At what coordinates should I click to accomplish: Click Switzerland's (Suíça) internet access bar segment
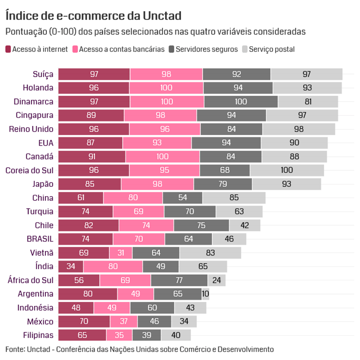94,74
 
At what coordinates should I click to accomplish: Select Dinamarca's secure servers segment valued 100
241,102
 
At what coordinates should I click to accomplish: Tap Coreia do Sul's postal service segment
287,170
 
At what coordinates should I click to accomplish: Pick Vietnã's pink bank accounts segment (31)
120,253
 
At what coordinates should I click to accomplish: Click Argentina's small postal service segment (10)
206,294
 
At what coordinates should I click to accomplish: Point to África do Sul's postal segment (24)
216,280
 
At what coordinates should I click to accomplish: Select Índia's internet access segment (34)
71,266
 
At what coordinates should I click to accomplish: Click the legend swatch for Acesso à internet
8,49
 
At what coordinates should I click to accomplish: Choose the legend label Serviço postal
272,49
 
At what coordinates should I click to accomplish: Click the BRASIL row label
40,239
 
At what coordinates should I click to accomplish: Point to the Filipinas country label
38,335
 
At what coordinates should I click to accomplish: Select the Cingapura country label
35,115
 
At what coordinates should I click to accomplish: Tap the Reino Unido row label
31,129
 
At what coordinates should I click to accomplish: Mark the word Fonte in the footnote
15,349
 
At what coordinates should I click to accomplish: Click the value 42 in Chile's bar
244,225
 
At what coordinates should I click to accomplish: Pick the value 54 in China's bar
183,198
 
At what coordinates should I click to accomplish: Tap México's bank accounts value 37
124,322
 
